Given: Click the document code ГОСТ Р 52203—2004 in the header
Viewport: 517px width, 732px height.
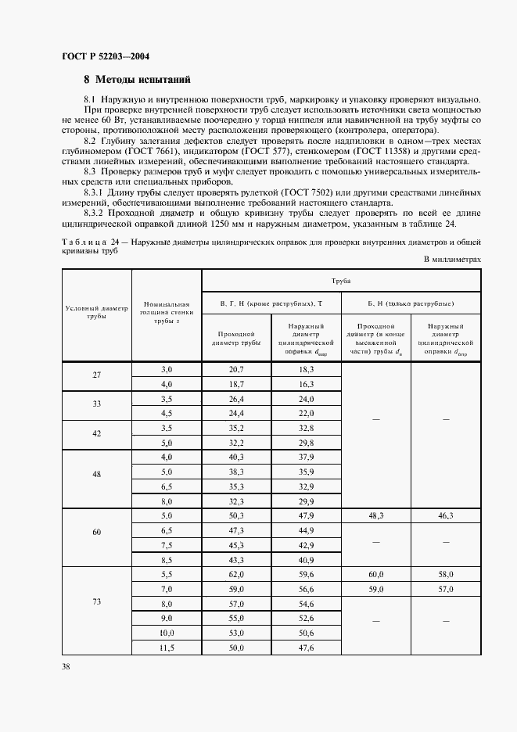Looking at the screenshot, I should click(x=105, y=57).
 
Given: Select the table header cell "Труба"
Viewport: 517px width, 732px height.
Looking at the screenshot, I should click(x=340, y=279).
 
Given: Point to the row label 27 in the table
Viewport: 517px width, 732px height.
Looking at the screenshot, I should click(x=96, y=375).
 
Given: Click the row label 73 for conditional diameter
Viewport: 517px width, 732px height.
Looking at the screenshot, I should click(x=96, y=602).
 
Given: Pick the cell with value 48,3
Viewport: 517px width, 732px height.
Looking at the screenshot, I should click(x=375, y=515).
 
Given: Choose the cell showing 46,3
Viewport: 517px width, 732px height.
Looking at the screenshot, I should click(x=447, y=515).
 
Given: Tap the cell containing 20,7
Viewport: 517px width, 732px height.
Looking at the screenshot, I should click(x=236, y=368).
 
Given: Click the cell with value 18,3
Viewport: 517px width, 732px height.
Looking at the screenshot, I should click(x=306, y=368).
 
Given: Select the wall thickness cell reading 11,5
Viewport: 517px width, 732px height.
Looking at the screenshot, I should click(x=166, y=648).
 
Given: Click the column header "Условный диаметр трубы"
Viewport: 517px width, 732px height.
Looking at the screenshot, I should click(x=96, y=312).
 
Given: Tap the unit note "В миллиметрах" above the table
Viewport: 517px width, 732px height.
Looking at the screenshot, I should click(x=452, y=259).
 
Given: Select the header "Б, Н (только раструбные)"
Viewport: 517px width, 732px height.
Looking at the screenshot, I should click(x=411, y=303).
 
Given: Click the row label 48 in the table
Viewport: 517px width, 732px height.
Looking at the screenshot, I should click(x=96, y=479).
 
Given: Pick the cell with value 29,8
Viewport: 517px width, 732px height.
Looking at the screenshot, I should click(x=306, y=442).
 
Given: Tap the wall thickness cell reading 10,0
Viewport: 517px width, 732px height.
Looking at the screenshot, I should click(x=166, y=633).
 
